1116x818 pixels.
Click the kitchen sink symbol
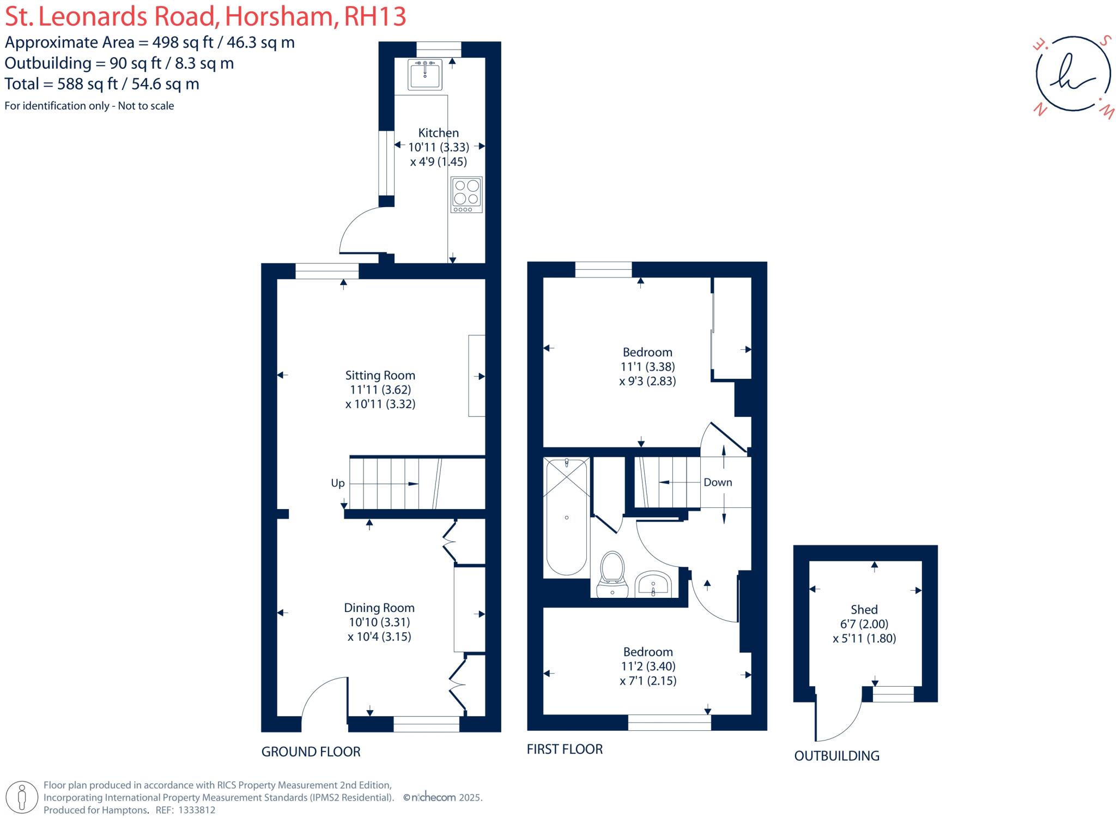(424, 75)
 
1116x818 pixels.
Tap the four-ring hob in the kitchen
(466, 194)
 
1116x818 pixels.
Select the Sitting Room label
(380, 375)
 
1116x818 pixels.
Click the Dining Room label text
(379, 608)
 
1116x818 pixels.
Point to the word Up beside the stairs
(337, 483)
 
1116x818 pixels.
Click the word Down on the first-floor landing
(717, 482)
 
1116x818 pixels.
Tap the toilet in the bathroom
(612, 574)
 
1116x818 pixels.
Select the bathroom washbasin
(653, 584)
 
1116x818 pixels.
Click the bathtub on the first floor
(567, 517)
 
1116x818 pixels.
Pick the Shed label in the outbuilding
(864, 610)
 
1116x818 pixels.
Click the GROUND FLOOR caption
(311, 752)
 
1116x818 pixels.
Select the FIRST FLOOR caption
(565, 749)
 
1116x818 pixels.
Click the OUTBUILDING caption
(836, 756)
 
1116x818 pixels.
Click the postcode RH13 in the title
(375, 16)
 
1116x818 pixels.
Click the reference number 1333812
(195, 810)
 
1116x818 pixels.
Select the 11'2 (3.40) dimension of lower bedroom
(648, 666)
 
